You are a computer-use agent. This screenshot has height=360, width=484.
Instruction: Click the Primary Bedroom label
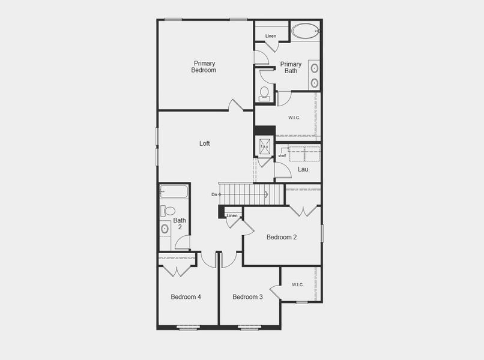(204, 67)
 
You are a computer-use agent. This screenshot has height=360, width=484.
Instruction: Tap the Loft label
(205, 143)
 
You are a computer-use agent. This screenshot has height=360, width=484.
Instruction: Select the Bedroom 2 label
(282, 237)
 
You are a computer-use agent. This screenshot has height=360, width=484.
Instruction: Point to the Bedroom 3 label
(247, 297)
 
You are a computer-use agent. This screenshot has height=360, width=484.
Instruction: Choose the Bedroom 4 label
(186, 297)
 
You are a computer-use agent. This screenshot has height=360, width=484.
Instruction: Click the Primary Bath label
(291, 68)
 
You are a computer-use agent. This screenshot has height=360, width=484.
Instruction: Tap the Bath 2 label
(180, 224)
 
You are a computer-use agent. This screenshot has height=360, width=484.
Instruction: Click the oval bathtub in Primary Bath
(306, 31)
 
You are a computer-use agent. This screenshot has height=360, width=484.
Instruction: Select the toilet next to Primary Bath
(264, 93)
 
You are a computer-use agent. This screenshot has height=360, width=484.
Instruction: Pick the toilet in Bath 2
(168, 211)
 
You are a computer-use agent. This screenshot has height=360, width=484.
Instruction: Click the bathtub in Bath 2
(174, 192)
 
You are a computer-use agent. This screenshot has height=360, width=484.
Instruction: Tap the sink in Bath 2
(165, 229)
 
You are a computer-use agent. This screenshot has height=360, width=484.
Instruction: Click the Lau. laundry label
(304, 169)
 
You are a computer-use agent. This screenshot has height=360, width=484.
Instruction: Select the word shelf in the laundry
(282, 156)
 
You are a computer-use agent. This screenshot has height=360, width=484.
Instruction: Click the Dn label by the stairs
(214, 194)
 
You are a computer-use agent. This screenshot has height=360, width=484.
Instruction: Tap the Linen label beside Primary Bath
(271, 36)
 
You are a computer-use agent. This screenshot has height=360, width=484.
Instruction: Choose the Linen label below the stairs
(232, 215)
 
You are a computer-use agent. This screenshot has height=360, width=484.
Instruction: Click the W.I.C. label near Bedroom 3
(298, 284)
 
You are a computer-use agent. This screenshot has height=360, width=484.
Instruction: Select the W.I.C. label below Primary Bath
(294, 118)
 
